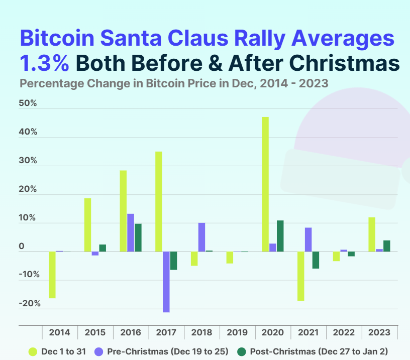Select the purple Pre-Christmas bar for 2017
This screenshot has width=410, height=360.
[x=166, y=282]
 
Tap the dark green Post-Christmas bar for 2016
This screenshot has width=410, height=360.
[x=138, y=237]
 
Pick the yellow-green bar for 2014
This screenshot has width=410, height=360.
[x=52, y=275]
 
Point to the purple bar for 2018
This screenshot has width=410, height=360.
[x=201, y=237]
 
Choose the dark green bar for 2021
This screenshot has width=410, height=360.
[x=315, y=260]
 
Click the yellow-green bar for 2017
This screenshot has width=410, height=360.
[x=159, y=201]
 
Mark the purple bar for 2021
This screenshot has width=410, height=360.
[x=308, y=239]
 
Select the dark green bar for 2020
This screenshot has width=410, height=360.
[x=280, y=236]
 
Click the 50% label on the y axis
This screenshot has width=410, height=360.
[x=28, y=104]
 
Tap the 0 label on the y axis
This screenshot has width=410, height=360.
[x=22, y=247]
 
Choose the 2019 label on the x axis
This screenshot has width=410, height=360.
[x=237, y=332]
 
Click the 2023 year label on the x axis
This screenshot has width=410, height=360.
[x=379, y=332]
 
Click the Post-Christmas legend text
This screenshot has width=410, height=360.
[x=319, y=351]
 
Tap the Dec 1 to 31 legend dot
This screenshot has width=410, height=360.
[x=33, y=351]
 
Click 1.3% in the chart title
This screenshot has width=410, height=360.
[x=44, y=64]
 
